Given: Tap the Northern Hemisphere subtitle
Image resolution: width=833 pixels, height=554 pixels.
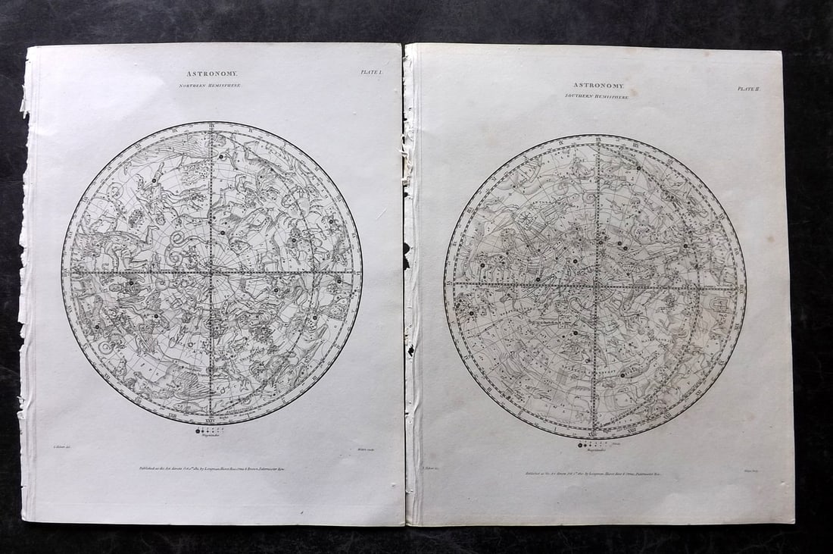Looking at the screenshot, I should click(x=206, y=86).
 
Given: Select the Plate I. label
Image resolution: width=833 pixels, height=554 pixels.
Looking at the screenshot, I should click(x=371, y=73).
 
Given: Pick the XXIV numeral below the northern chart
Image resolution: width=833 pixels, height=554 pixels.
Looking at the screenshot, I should click(x=211, y=418).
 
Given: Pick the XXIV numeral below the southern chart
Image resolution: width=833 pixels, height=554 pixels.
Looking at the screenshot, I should click(x=594, y=433).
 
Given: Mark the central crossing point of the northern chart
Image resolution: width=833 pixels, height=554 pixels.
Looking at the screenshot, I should click(x=211, y=272).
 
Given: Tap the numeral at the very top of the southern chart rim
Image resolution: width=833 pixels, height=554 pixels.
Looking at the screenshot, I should click(x=598, y=140).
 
